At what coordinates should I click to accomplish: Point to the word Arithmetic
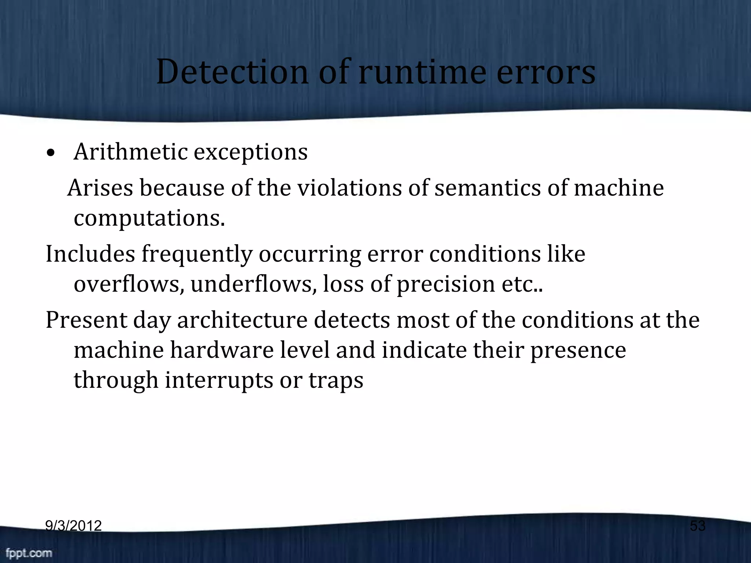(131, 151)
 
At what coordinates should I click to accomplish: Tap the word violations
(349, 188)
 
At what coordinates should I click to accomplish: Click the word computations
(149, 218)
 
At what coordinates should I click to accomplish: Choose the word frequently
(197, 254)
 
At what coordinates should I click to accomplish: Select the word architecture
(242, 320)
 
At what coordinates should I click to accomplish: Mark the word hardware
(222, 350)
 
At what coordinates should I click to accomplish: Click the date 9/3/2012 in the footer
(73, 526)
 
